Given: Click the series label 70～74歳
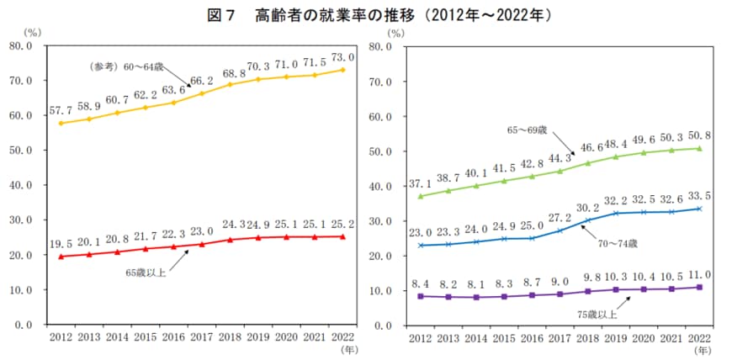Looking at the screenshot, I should click(613, 244).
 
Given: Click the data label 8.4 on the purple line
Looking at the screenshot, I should click(421, 282).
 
